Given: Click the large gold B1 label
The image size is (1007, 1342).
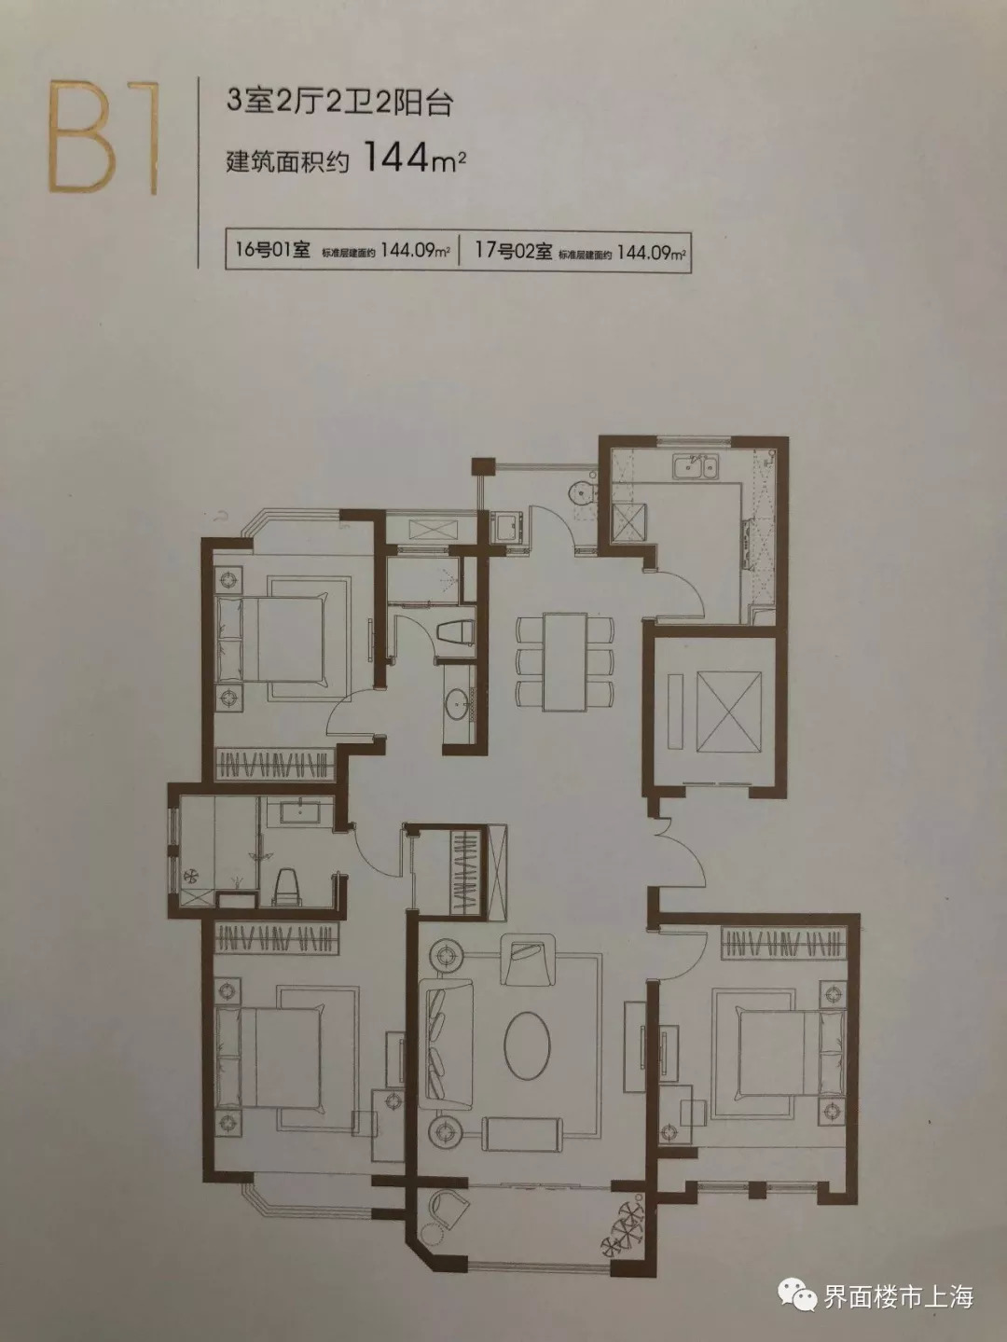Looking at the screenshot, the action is (x=103, y=139).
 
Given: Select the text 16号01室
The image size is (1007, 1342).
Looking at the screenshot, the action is (x=273, y=250).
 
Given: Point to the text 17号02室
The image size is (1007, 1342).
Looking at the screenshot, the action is (x=514, y=251).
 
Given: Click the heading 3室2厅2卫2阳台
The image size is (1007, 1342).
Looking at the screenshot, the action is (x=339, y=104).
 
